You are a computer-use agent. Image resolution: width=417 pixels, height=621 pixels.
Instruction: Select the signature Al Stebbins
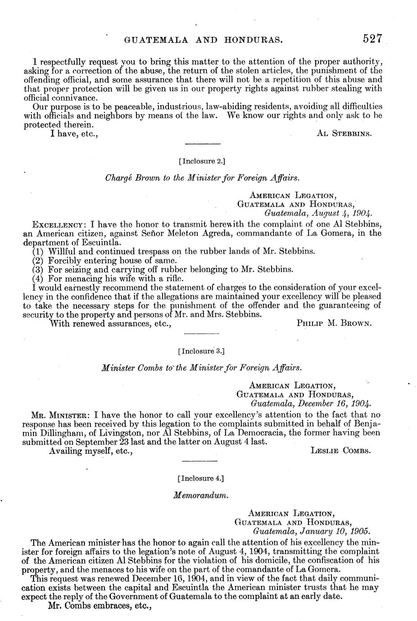pyautogui.click(x=344, y=134)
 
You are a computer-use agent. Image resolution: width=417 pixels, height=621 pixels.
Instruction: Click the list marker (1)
pyautogui.click(x=38, y=251)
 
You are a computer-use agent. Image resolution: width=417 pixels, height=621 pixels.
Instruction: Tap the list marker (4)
pyautogui.click(x=38, y=278)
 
